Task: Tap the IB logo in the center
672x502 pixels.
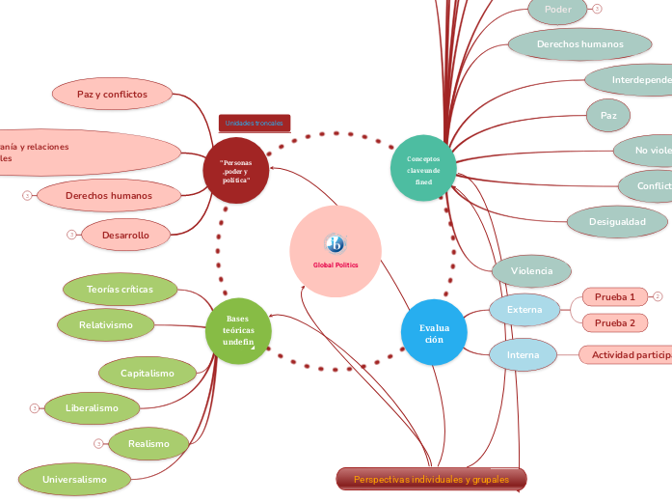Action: click(336, 243)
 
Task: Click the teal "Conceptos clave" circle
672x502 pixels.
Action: click(423, 169)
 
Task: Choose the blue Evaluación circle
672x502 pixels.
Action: click(434, 333)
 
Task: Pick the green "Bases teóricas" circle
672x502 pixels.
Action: click(239, 330)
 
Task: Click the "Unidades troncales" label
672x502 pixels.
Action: click(255, 124)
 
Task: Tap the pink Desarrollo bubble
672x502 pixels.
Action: click(125, 235)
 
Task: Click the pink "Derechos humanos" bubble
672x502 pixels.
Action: click(108, 195)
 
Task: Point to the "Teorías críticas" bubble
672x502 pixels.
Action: click(120, 289)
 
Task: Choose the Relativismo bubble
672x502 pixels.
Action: click(107, 324)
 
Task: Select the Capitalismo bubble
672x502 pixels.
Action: click(147, 373)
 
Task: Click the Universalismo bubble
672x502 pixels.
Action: click(74, 478)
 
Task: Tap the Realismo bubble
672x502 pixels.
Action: click(148, 443)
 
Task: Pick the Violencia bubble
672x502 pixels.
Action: click(531, 271)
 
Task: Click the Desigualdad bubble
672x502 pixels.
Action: click(617, 221)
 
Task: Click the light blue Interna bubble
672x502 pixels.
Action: click(523, 354)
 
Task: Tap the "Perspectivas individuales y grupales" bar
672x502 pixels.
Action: click(431, 479)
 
